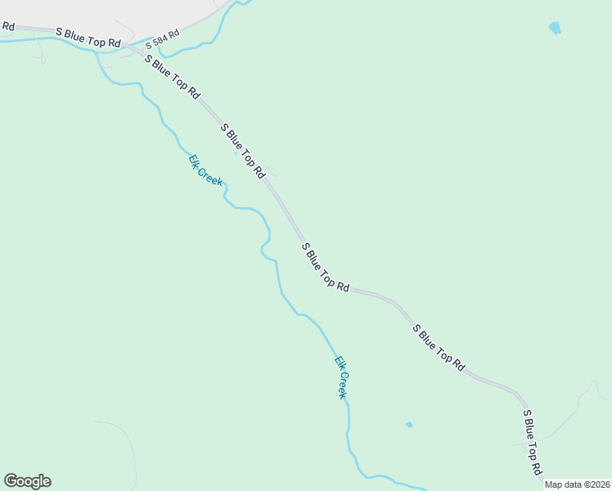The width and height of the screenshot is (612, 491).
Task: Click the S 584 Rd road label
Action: (162, 38)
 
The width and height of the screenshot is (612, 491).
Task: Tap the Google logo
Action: (27, 481)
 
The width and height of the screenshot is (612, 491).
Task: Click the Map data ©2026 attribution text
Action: (578, 484)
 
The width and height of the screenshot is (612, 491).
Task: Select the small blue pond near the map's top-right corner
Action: (556, 28)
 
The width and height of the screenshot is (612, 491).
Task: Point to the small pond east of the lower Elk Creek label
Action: (408, 425)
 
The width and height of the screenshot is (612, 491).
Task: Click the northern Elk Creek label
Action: (205, 170)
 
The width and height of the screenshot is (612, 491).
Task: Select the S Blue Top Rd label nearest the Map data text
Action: (533, 443)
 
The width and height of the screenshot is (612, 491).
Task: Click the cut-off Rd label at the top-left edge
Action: (7, 26)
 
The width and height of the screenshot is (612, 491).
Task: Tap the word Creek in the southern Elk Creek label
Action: (344, 385)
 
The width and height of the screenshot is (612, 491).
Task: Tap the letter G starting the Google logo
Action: (11, 480)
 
